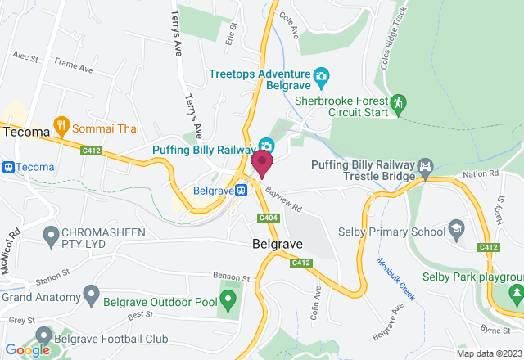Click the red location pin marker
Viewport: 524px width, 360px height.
click(x=262, y=162)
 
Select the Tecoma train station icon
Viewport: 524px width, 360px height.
click(x=7, y=167)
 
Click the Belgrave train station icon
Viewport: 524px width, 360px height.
click(x=242, y=190)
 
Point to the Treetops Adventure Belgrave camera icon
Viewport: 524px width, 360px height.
click(x=322, y=77)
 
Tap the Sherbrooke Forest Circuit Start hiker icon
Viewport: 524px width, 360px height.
click(x=398, y=103)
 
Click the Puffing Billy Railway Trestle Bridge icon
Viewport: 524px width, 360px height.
click(x=426, y=168)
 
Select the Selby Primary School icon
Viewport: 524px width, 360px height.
click(x=455, y=231)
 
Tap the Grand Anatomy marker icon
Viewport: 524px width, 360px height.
click(x=90, y=292)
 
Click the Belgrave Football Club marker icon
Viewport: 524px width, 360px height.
click(x=43, y=336)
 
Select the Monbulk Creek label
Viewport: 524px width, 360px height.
click(x=399, y=279)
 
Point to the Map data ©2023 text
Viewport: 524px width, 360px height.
click(x=487, y=353)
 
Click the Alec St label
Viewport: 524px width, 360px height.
click(x=25, y=58)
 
